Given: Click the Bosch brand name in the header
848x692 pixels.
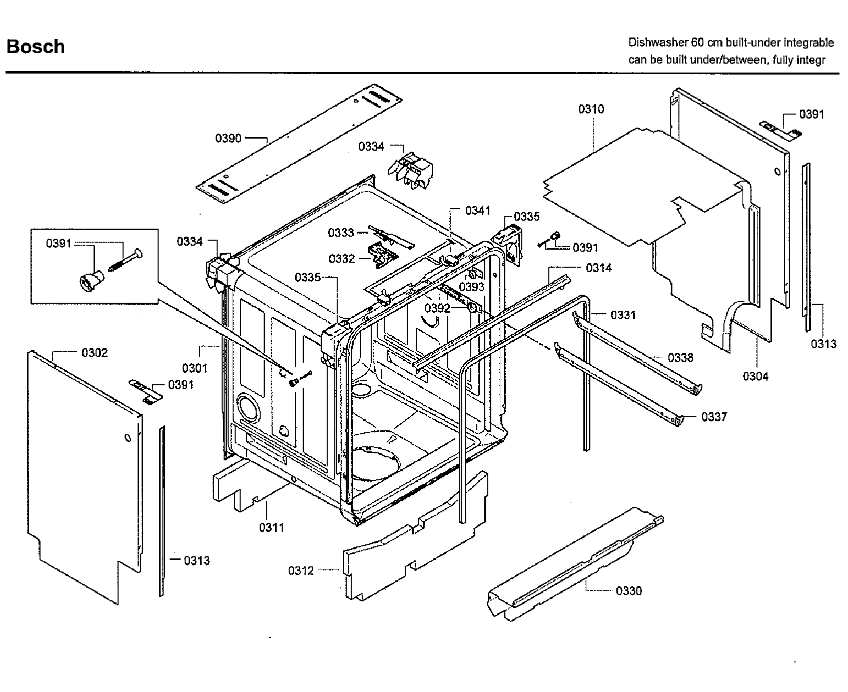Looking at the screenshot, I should point(36,47).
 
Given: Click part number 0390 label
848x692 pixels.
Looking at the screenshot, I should point(228,138).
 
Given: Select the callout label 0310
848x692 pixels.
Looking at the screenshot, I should point(591,109).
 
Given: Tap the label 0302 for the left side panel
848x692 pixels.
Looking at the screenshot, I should point(95,353).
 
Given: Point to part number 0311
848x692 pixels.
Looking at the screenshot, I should point(272,527).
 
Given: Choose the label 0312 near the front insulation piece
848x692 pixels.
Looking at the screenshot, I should point(301,570).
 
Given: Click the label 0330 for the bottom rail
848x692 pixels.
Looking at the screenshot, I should point(629,591).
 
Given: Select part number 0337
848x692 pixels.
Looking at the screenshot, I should point(714,417).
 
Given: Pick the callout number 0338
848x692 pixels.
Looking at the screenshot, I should point(680,357).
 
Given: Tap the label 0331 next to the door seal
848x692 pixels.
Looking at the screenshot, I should point(623,315).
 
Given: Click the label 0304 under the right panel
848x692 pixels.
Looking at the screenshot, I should point(755,376).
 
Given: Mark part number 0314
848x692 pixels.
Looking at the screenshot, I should point(599,268).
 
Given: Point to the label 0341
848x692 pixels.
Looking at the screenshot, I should point(478,211).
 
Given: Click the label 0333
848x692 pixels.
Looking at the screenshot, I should point(341,233).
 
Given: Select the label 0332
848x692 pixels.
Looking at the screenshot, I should point(342,259).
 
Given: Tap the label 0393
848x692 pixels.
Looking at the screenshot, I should point(472,287).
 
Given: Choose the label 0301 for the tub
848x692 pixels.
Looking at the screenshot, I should point(195,368).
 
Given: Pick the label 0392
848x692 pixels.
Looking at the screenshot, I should point(437,308).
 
